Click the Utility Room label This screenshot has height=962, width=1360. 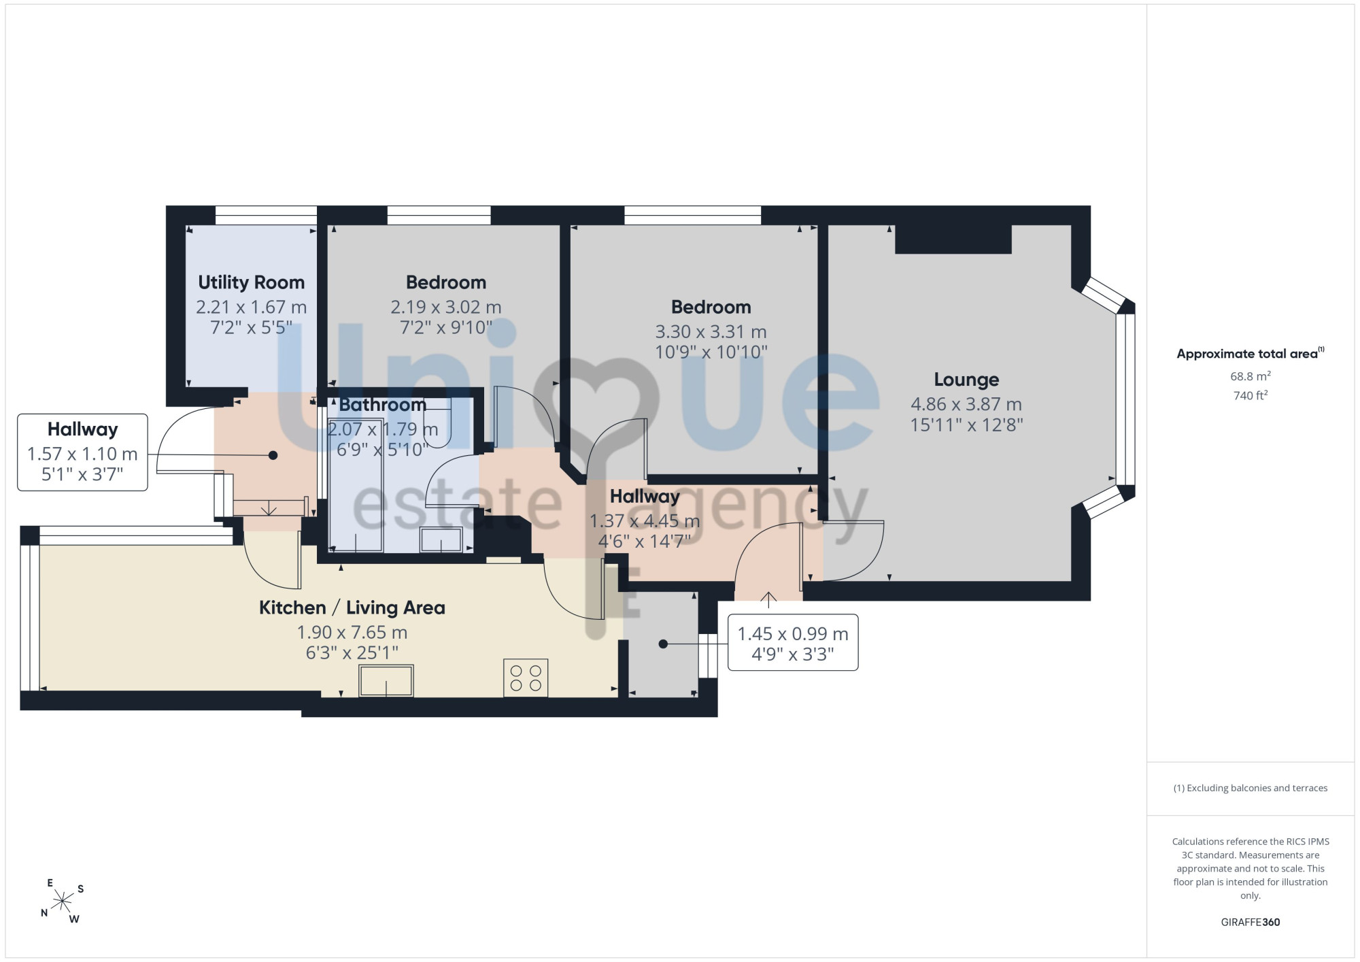251,282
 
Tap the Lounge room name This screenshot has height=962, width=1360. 966,380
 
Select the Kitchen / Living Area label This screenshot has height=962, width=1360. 352,608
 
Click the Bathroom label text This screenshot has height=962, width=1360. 383,405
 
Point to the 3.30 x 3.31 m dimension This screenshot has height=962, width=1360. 711,332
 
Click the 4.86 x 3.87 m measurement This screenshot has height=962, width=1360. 966,404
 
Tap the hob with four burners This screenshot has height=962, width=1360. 526,678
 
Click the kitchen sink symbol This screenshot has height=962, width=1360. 386,681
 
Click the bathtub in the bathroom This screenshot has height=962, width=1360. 356,484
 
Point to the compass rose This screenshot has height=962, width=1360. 63,902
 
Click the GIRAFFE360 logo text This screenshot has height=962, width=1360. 1250,923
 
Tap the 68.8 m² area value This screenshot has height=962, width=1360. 1250,376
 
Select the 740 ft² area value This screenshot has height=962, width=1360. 1250,395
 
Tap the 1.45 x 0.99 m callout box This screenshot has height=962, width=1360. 793,643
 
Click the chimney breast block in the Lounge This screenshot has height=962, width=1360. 953,239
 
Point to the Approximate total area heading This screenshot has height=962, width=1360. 1250,353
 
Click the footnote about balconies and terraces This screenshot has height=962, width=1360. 1250,788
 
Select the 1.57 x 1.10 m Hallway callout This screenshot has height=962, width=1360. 82,452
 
